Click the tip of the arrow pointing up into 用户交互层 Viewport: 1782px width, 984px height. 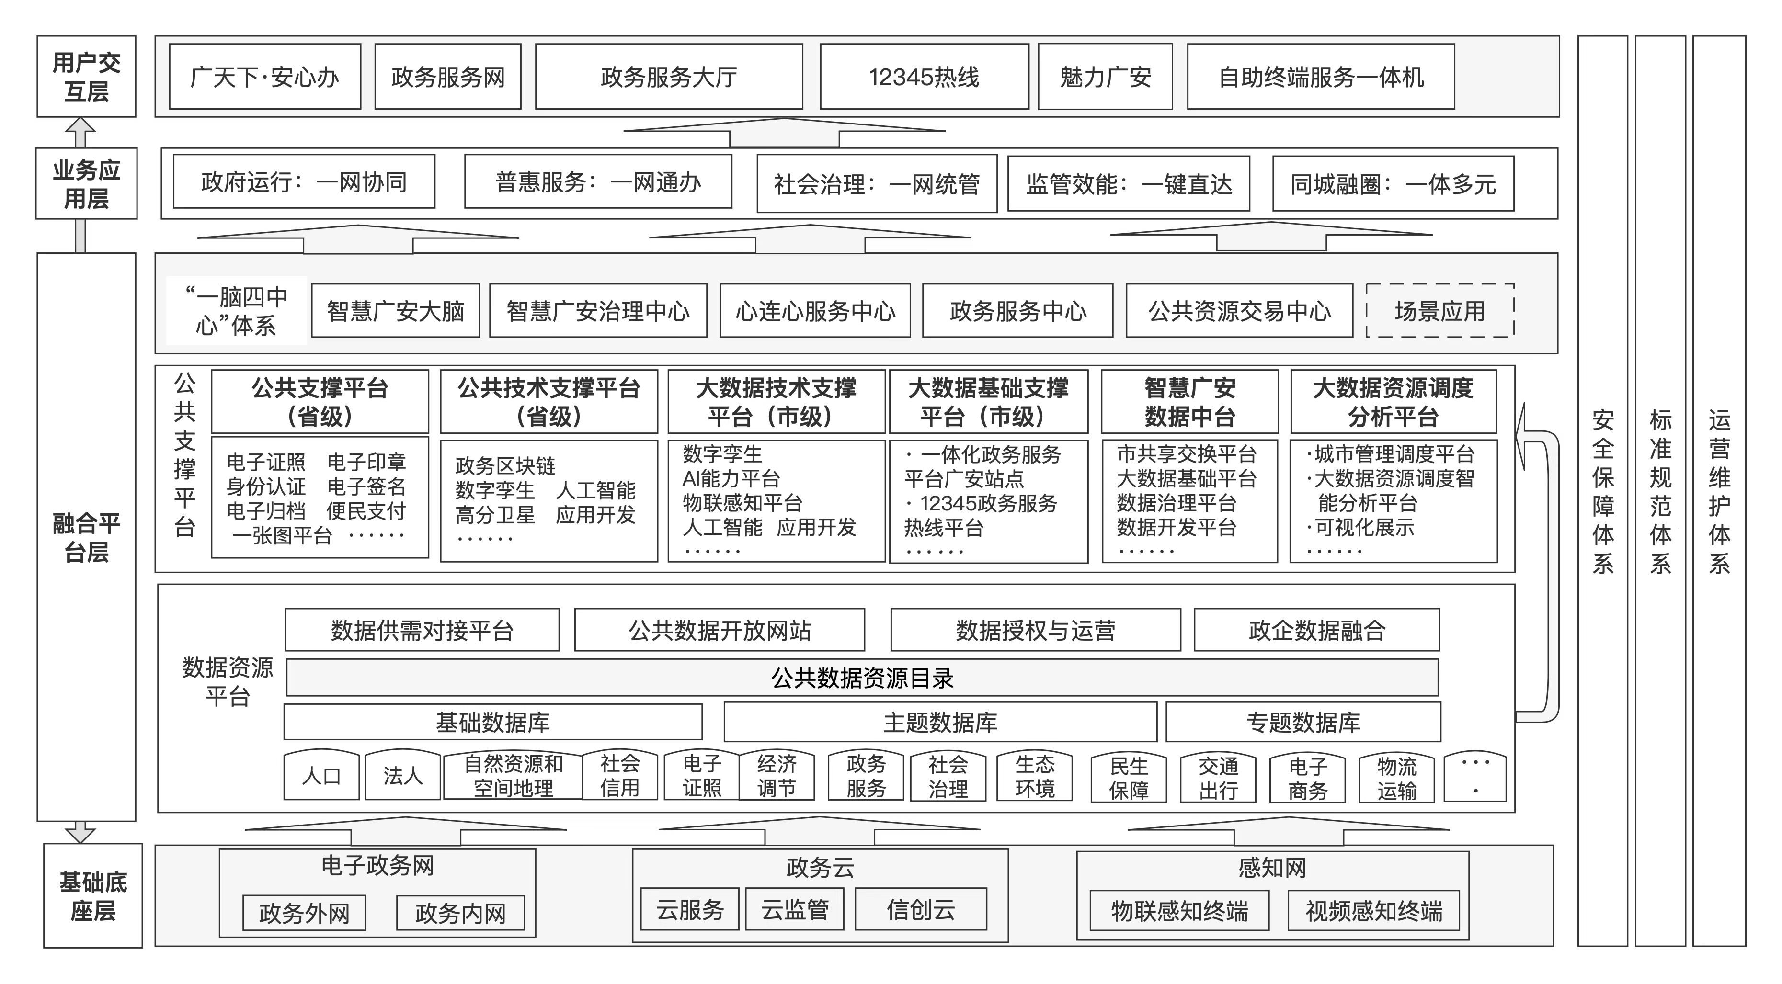(81, 118)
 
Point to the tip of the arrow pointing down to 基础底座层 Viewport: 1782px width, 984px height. (81, 842)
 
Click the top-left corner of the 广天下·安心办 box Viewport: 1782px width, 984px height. (170, 44)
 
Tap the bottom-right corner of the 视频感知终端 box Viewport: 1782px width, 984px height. (1460, 930)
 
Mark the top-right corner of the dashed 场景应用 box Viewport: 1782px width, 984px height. (1514, 284)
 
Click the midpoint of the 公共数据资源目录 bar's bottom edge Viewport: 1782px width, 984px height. (863, 695)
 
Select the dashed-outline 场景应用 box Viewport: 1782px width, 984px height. (1440, 310)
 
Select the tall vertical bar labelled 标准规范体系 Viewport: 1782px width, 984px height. (1660, 491)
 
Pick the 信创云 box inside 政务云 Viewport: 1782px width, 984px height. (921, 909)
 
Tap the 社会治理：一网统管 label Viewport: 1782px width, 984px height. (877, 184)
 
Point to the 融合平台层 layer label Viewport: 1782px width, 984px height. (87, 537)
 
